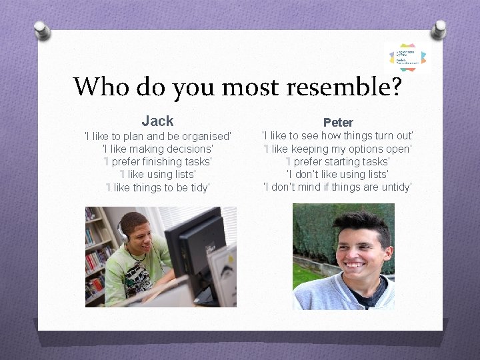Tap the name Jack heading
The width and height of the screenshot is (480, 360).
[157, 121]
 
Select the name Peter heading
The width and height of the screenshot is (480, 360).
[338, 122]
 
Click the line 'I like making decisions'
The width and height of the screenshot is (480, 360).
[157, 149]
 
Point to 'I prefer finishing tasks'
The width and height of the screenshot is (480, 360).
[157, 161]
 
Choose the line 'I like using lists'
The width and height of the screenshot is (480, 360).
[157, 174]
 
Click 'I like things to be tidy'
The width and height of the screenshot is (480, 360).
[157, 187]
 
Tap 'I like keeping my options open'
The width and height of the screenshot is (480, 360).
[338, 149]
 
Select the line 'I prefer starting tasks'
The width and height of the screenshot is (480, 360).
[338, 161]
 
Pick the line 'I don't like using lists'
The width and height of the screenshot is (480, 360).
[338, 174]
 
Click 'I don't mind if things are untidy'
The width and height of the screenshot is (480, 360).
[338, 187]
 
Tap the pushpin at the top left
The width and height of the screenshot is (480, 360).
[42, 30]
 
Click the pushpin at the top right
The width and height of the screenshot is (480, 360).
[438, 29]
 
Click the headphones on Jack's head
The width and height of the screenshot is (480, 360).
[123, 231]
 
